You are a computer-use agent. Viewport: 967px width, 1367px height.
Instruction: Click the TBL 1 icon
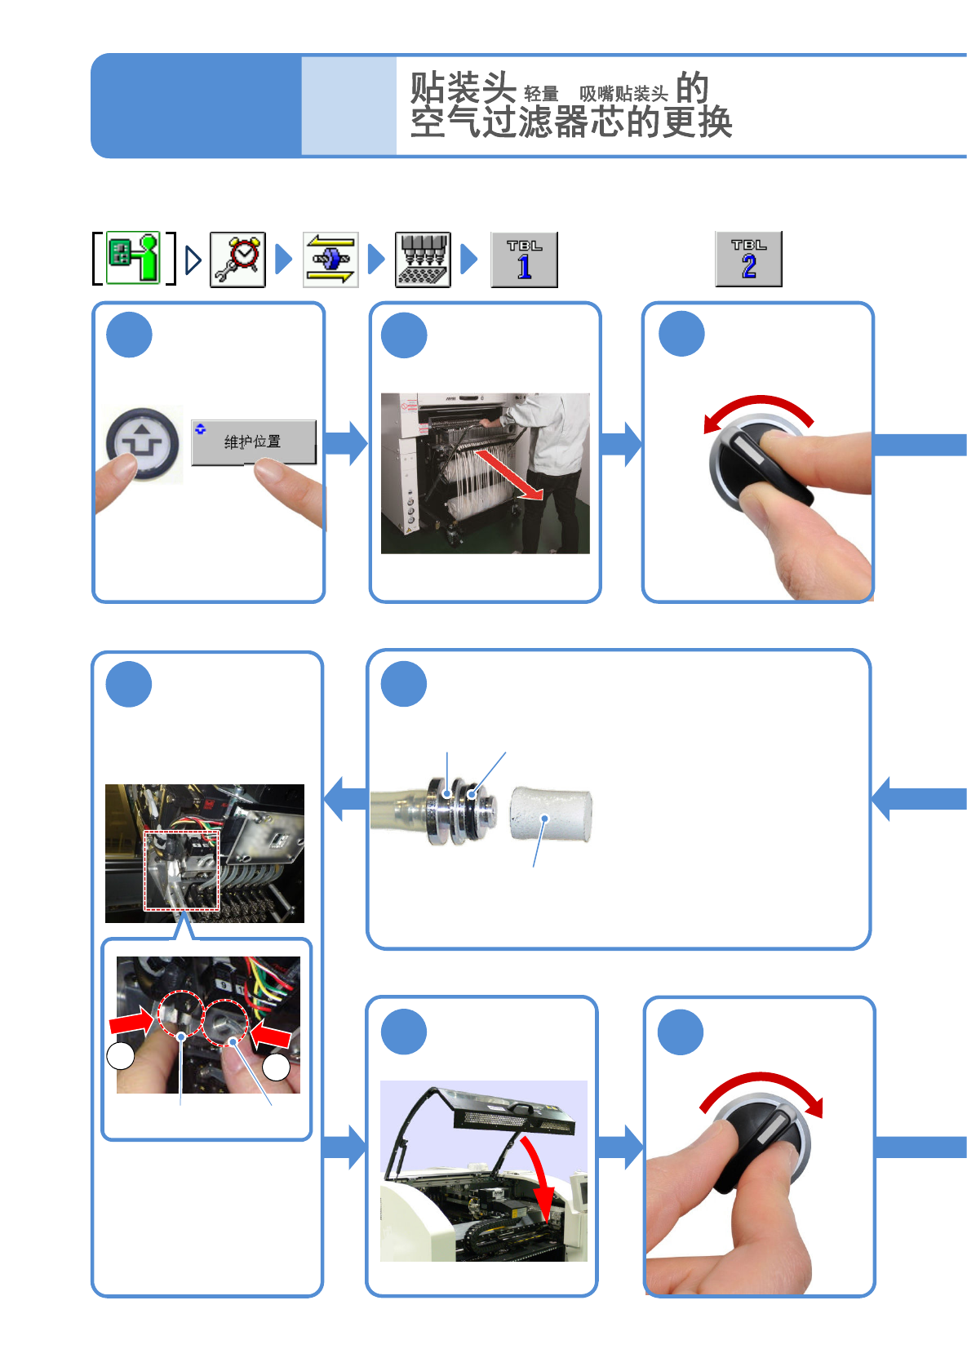click(x=524, y=260)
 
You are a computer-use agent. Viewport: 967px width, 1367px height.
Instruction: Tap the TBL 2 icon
click(x=748, y=259)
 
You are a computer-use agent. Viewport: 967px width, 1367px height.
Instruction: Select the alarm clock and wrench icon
click(x=237, y=260)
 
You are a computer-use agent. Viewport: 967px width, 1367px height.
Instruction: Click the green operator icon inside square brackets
click(x=134, y=258)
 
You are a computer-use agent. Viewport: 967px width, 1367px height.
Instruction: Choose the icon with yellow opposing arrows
click(x=330, y=260)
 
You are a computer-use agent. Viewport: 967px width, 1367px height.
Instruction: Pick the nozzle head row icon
click(x=423, y=260)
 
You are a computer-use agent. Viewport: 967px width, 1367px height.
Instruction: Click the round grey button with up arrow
click(x=143, y=443)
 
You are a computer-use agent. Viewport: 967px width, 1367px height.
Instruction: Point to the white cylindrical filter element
click(x=550, y=814)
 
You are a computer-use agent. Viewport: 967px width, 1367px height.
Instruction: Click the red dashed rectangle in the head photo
click(x=182, y=870)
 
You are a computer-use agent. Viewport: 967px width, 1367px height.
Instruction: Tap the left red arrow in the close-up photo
click(x=131, y=1021)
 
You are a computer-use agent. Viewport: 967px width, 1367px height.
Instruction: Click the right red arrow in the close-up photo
click(x=271, y=1036)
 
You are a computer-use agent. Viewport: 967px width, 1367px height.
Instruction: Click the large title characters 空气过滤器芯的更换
click(x=571, y=123)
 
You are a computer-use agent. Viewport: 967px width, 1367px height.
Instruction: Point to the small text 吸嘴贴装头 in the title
click(x=623, y=95)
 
